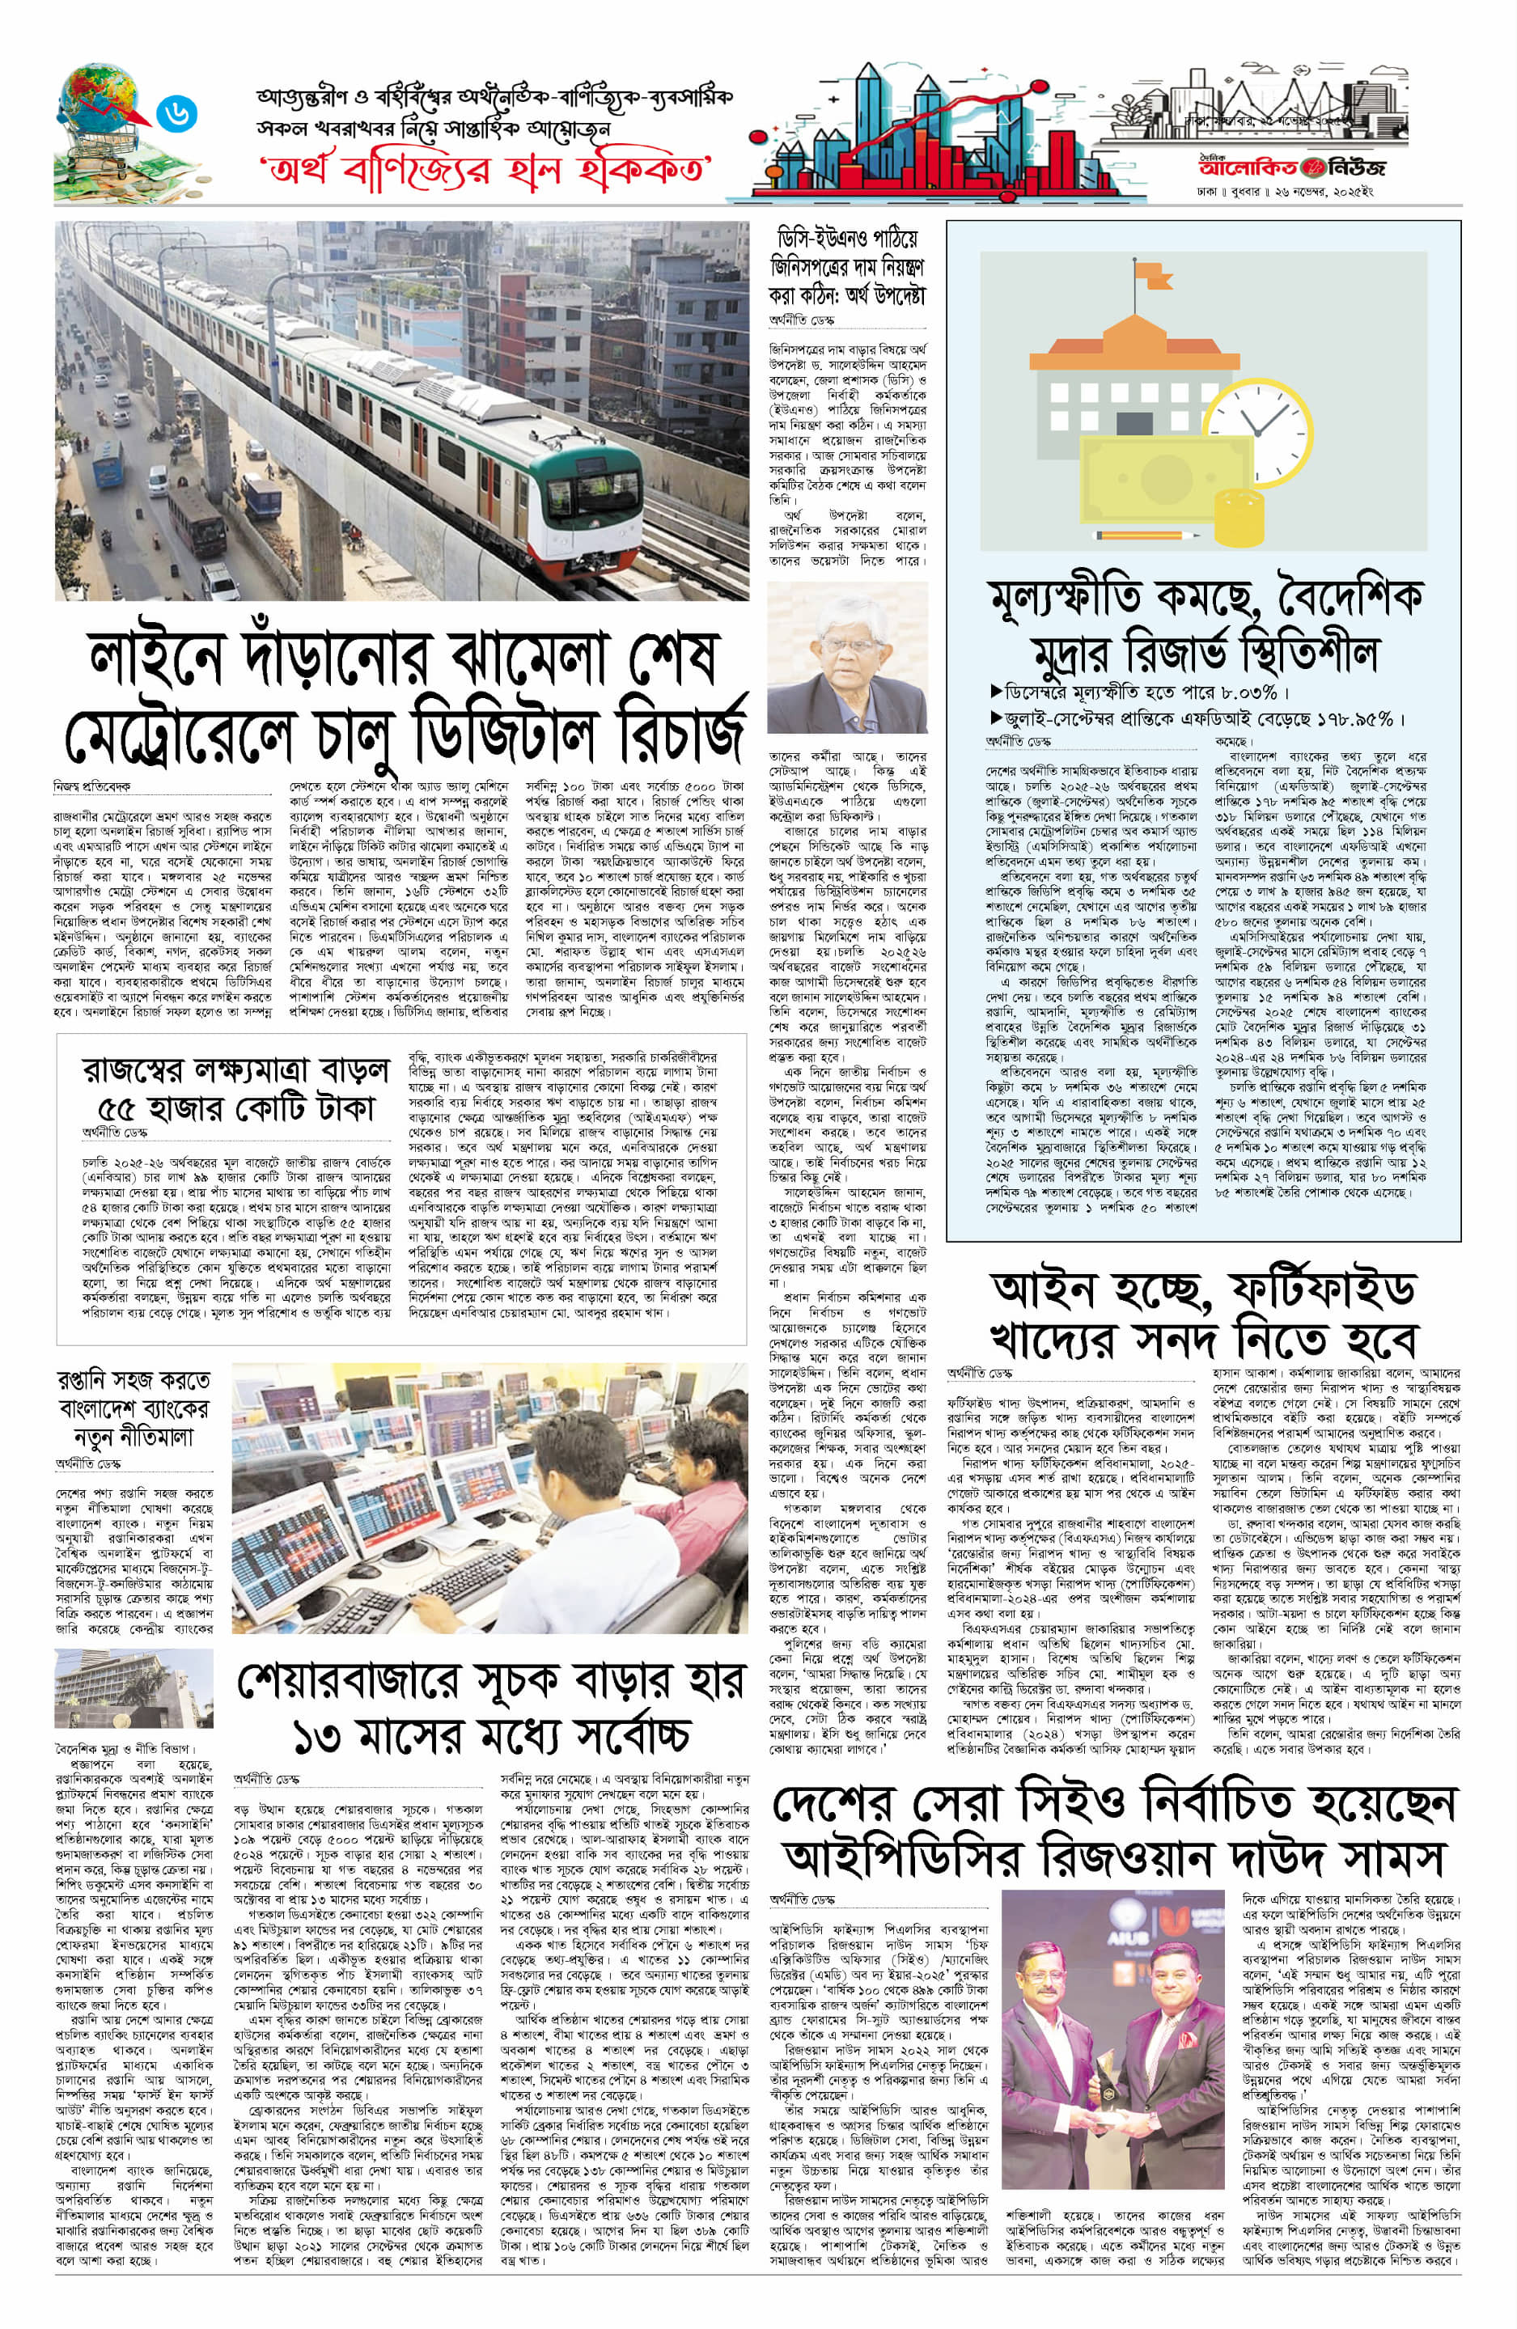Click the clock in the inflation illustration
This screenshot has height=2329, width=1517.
1251,423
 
